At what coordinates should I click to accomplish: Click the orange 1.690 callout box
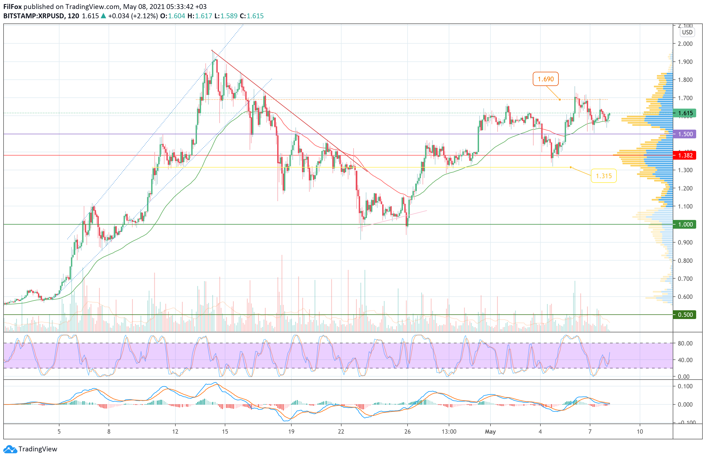point(545,79)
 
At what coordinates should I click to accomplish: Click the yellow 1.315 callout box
point(603,176)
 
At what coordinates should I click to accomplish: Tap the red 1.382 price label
point(685,155)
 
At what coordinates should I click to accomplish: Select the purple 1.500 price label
point(685,134)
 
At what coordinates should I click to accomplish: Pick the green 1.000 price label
point(685,224)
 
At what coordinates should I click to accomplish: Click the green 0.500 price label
point(685,315)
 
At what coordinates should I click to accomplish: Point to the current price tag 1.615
point(685,113)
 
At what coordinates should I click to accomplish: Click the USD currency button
point(687,32)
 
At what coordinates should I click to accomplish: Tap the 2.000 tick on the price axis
point(685,44)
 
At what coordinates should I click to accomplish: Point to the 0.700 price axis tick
point(685,279)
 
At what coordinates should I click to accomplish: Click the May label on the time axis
point(490,431)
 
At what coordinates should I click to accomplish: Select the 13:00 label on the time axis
point(449,431)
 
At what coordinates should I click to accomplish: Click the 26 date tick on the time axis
point(407,431)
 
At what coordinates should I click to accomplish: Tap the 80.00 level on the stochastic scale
point(685,343)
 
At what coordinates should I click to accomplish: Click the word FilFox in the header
point(13,7)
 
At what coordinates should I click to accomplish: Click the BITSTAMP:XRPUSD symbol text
point(34,16)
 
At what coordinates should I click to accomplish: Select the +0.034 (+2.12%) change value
point(133,16)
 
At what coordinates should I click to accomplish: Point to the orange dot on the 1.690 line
point(560,99)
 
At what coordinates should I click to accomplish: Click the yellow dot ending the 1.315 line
point(570,167)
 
